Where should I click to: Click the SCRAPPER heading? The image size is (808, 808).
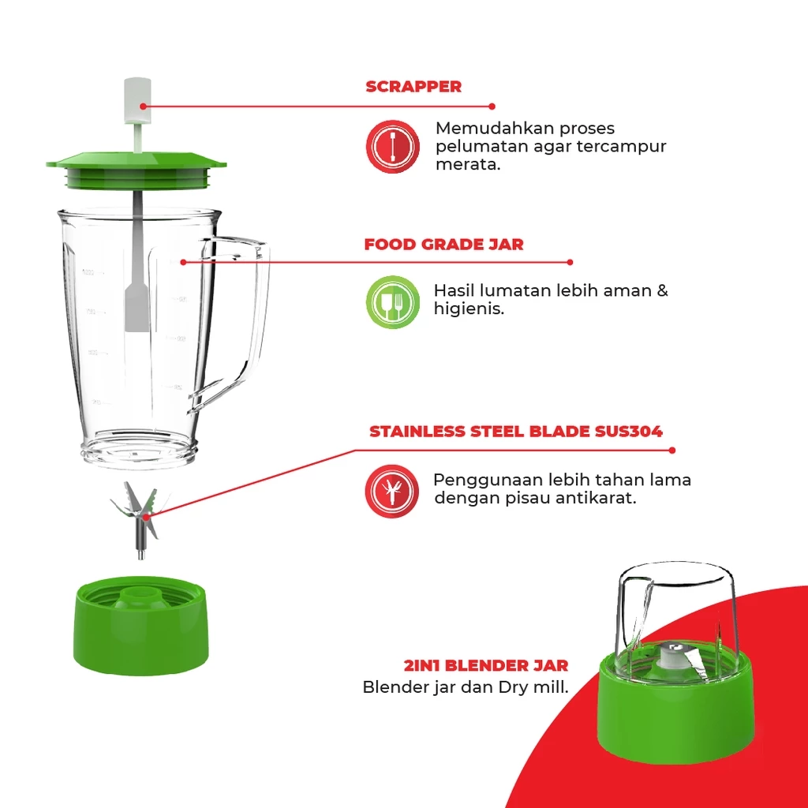(413, 87)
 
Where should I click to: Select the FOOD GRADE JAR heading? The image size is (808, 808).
(443, 245)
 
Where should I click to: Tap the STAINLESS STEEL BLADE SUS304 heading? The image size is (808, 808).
(516, 432)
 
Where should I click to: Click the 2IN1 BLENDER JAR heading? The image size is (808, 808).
(485, 666)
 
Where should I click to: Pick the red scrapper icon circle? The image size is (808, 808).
(392, 147)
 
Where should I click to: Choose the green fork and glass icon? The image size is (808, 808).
(392, 302)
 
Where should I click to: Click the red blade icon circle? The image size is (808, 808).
(392, 491)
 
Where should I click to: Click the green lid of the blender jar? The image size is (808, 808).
(136, 169)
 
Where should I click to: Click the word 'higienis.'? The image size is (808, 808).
(469, 309)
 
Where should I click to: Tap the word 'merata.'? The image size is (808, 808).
(468, 166)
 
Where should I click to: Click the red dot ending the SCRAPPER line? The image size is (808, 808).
(492, 106)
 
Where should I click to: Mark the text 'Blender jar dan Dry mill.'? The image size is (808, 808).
(466, 687)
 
